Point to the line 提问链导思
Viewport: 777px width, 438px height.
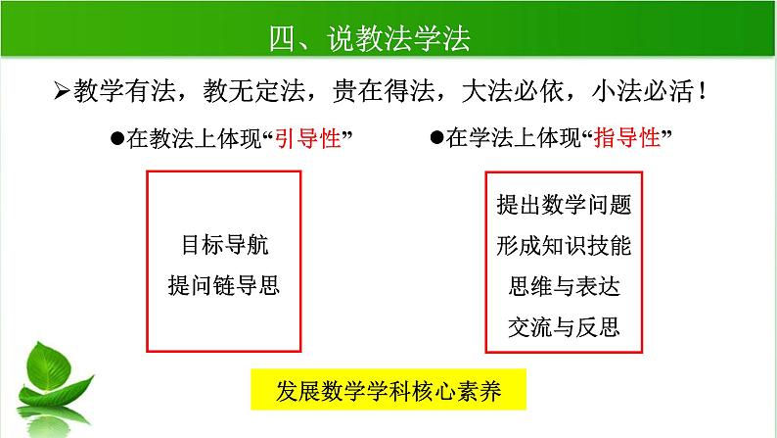(223, 285)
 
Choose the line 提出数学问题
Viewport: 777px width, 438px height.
(564, 205)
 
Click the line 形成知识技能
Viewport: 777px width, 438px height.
(564, 245)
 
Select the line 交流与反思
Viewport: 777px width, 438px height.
(564, 325)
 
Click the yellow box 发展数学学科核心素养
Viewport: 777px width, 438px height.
(389, 389)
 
